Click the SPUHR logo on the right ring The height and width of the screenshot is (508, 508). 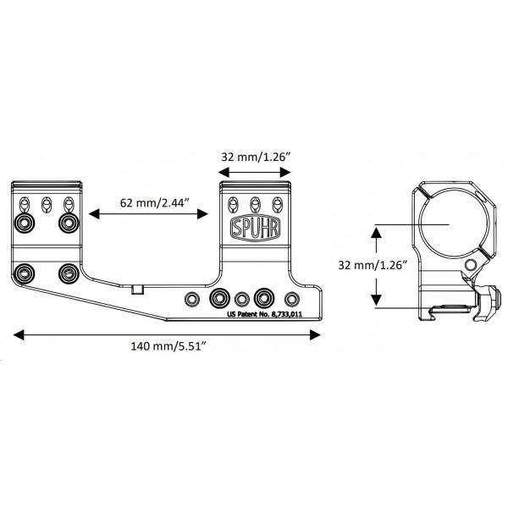coord(255,228)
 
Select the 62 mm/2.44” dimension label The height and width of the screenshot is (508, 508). coord(148,204)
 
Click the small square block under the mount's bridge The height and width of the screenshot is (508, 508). coord(138,290)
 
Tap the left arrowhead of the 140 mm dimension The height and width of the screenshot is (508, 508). coord(18,334)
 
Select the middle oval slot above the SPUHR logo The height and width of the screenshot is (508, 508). coord(255,203)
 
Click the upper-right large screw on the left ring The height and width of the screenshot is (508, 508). coord(68,222)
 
